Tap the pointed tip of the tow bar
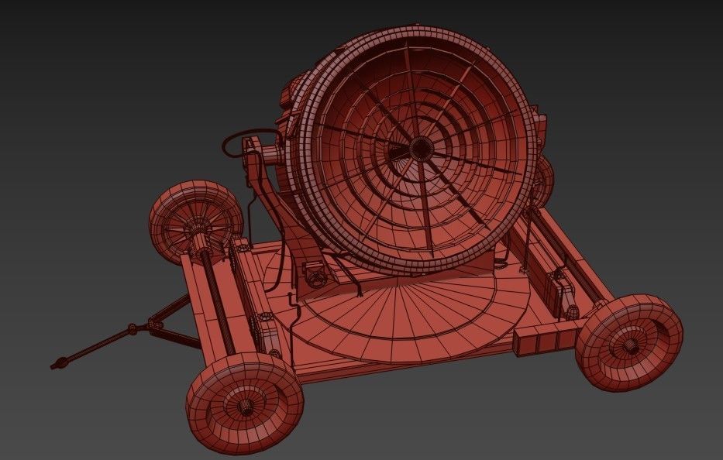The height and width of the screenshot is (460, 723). click(56, 364)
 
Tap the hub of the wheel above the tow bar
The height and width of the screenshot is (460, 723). click(191, 225)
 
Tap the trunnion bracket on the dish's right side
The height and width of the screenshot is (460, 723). click(538, 128)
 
